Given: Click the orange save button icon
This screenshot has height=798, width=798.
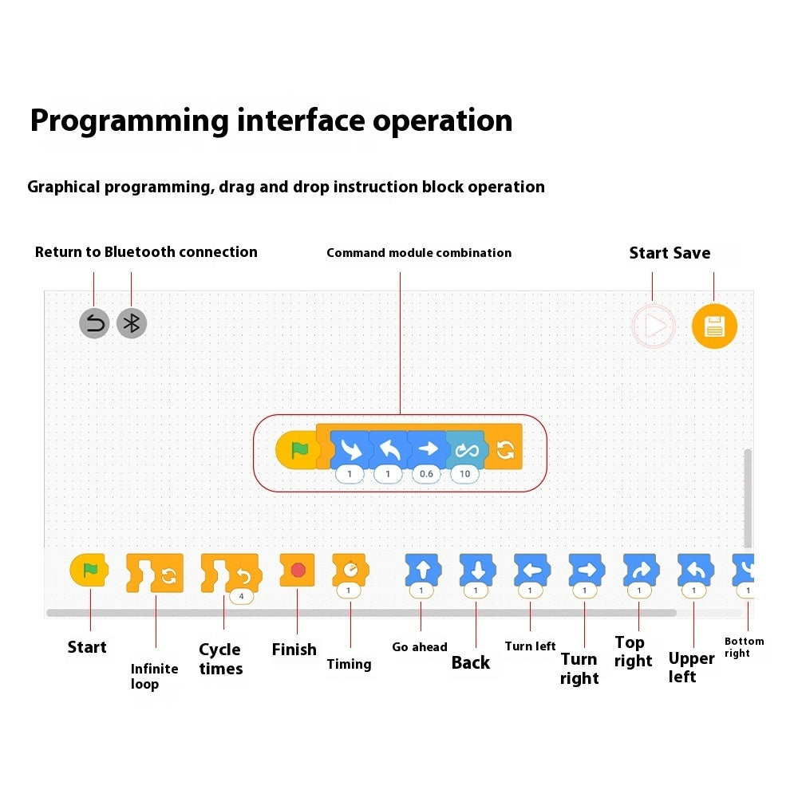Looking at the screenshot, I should (x=714, y=326).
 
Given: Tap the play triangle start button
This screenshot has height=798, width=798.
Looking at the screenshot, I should (x=654, y=326).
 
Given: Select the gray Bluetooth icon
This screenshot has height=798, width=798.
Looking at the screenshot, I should (x=132, y=323).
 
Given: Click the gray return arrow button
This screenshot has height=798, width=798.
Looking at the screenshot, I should (x=94, y=323).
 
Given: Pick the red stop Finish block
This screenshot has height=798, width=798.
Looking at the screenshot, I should (x=298, y=570).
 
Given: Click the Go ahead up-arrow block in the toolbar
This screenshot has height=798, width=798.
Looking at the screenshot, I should (x=422, y=570).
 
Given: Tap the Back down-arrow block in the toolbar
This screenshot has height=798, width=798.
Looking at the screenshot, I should (x=476, y=570).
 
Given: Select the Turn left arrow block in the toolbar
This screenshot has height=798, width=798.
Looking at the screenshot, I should (x=531, y=570).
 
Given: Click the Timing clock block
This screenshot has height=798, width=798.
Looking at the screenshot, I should (x=350, y=570).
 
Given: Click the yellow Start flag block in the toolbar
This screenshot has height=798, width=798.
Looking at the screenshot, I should (x=89, y=569).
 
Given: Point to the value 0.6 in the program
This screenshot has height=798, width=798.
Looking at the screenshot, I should (x=427, y=474).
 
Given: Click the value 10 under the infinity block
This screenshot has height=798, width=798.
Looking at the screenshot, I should (x=464, y=474).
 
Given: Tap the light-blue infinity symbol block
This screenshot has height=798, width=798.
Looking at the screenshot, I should (x=464, y=450).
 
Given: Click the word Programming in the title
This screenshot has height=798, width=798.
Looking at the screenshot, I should (x=129, y=120).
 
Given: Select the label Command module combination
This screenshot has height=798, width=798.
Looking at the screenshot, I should (x=419, y=253).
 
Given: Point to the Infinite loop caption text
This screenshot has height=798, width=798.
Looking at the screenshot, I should (x=154, y=677).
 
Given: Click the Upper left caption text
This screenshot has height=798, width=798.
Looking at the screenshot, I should (x=691, y=668).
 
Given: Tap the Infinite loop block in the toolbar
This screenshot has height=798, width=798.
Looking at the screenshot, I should (x=155, y=573).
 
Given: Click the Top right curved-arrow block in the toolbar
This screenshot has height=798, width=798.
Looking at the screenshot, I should (x=639, y=570).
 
